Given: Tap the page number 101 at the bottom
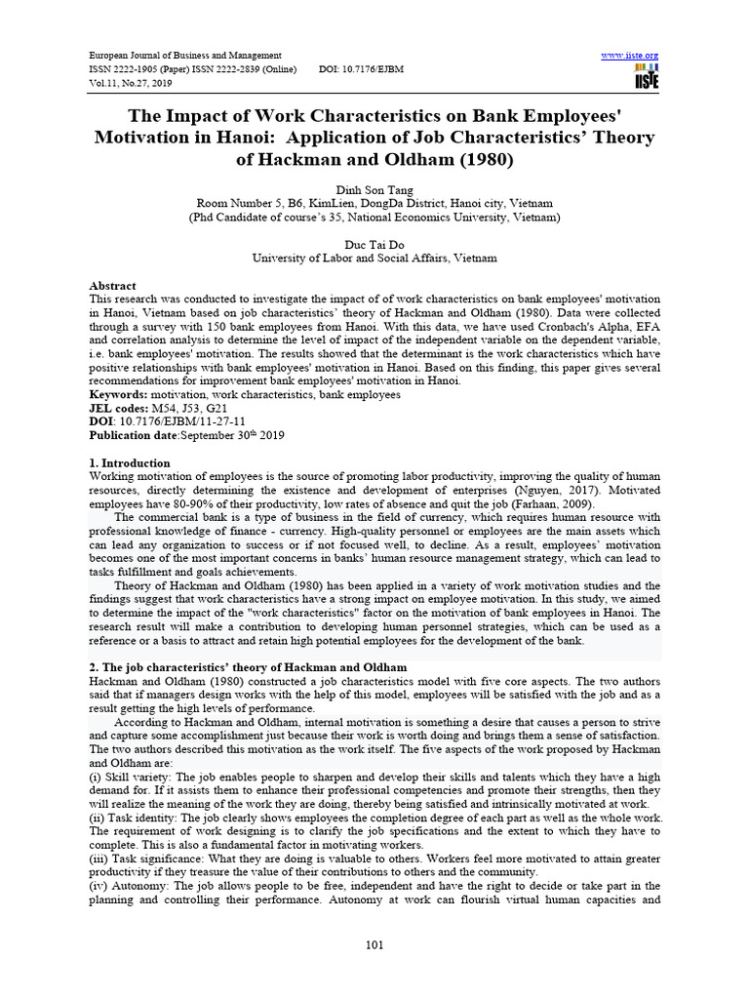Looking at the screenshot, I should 374,943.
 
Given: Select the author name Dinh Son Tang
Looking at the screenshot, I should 374,189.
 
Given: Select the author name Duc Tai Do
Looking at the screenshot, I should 374,245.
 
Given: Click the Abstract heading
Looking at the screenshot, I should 113,286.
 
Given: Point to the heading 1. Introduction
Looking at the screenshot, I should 130,462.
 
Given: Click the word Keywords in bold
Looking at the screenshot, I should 118,394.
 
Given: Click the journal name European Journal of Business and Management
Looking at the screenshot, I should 185,56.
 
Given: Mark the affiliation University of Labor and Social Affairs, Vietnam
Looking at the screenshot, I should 374,259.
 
